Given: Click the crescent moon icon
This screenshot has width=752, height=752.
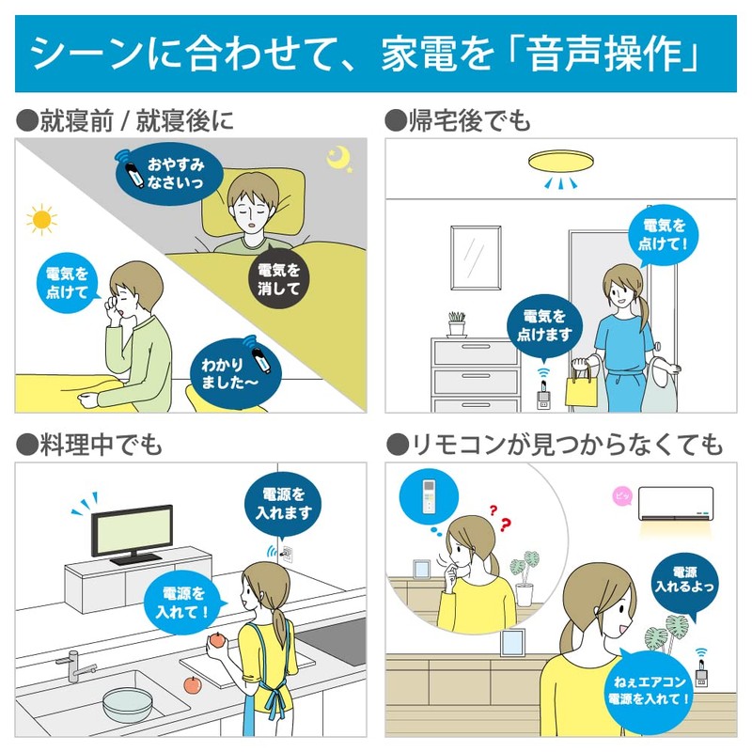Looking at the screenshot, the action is point(337,158).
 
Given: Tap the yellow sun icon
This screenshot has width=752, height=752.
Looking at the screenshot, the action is point(41,220).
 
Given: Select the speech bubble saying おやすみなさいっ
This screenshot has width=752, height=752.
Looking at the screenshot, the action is point(169,173).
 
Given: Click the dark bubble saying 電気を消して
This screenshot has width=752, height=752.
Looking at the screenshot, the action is point(278,278).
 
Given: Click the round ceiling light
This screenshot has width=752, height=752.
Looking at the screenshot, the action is point(560,161).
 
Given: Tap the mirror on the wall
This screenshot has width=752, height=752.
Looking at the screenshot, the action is point(476,258).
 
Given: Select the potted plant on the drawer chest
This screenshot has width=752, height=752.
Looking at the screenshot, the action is point(457,324).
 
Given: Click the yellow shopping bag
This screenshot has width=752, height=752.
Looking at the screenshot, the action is point(581,387).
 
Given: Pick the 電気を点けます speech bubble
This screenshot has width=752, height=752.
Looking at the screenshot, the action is point(544,326).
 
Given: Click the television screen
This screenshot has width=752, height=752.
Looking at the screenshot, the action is point(132,532).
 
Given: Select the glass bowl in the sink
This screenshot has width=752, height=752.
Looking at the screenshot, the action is point(128,704).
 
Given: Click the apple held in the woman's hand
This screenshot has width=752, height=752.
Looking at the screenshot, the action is point(217,640).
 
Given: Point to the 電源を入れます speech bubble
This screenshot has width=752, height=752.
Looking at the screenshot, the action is point(283,505).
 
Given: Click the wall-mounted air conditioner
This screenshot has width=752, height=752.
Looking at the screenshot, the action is point(675,504).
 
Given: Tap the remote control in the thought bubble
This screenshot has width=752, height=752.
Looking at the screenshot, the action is point(429,497).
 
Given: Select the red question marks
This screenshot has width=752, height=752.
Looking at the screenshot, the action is point(500,518).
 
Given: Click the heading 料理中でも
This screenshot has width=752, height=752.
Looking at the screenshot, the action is point(89,445).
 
